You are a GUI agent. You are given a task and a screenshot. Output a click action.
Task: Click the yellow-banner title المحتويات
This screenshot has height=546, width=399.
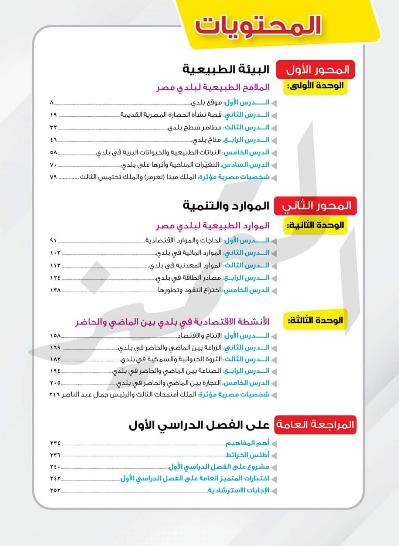258,26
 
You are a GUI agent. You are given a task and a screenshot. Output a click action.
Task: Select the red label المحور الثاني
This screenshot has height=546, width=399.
316,206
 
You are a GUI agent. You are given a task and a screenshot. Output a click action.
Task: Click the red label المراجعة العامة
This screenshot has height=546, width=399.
315,424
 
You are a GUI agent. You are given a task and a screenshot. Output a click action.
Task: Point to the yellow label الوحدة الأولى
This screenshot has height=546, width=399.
316,86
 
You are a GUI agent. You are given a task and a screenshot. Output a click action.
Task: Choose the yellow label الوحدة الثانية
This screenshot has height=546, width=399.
315,225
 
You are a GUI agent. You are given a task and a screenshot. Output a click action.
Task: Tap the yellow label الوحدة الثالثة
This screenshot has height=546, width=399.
315,320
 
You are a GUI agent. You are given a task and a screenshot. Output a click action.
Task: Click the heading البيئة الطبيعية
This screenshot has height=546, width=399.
226,69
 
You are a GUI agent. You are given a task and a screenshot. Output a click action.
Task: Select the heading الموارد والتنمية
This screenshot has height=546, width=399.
226,206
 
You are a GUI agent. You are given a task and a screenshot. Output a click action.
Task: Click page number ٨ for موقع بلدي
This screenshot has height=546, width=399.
52,102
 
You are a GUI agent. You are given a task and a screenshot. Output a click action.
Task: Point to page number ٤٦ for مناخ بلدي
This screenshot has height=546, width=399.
54,140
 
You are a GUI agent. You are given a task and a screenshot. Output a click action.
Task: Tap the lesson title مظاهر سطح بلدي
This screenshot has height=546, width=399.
194,127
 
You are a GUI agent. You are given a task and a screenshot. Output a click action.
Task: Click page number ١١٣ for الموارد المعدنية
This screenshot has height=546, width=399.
55,265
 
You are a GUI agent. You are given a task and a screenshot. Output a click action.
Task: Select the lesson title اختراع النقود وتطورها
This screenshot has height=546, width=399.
189,290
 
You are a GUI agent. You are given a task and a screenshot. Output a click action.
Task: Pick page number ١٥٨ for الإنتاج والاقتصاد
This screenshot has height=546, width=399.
55,336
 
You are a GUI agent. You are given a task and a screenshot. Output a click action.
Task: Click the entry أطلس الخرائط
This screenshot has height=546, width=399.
248,455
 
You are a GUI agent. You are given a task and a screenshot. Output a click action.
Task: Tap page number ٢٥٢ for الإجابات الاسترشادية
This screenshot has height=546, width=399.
55,491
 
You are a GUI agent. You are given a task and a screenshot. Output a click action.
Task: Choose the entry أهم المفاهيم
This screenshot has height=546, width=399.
248,443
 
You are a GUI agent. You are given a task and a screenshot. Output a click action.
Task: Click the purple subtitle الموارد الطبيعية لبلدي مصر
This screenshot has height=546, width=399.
212,225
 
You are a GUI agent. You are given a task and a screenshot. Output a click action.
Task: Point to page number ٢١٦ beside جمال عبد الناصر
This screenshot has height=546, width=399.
55,395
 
